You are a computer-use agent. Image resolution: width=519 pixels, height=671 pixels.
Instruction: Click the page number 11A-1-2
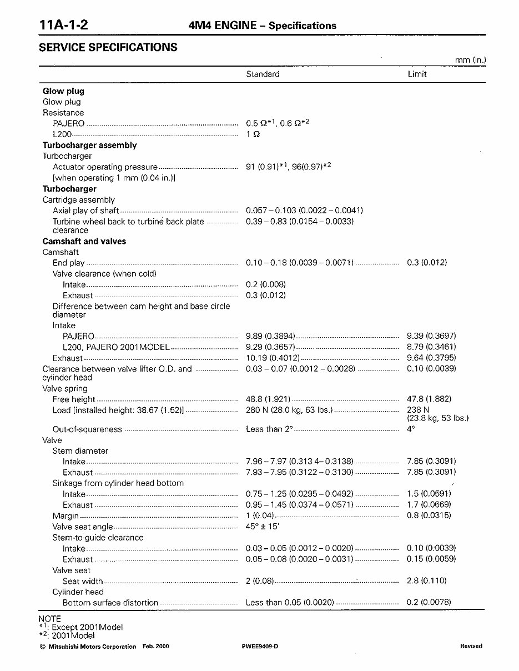[64, 25]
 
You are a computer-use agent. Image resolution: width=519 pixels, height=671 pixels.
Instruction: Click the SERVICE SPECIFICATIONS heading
[108, 48]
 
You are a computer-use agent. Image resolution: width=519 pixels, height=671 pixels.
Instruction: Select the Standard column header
[263, 74]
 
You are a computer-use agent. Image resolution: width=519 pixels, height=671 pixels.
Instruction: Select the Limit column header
[417, 74]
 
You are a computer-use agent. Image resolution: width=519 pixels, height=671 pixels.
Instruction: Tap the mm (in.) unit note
[471, 60]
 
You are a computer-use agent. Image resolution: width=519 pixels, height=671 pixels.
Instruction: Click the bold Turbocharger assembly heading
[89, 145]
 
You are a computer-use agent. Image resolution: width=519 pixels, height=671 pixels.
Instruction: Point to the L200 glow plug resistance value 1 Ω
[253, 134]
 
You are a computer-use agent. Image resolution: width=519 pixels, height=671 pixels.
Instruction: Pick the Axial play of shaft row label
[85, 211]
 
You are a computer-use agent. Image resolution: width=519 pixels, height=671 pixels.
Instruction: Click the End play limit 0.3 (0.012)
[427, 263]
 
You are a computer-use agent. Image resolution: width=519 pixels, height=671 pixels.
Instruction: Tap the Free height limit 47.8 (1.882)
[429, 399]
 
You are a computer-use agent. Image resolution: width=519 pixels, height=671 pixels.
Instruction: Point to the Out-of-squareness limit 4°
[411, 429]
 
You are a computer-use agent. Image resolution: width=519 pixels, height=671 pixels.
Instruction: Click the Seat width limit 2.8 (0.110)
[427, 581]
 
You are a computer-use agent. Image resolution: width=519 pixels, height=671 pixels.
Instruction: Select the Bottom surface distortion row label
[110, 603]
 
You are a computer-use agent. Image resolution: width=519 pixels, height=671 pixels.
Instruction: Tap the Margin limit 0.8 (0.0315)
[429, 515]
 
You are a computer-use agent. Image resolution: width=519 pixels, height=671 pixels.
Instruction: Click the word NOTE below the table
[50, 619]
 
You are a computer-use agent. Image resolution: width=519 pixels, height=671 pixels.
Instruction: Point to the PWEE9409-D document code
[260, 647]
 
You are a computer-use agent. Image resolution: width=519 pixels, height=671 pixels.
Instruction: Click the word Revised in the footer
[471, 646]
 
